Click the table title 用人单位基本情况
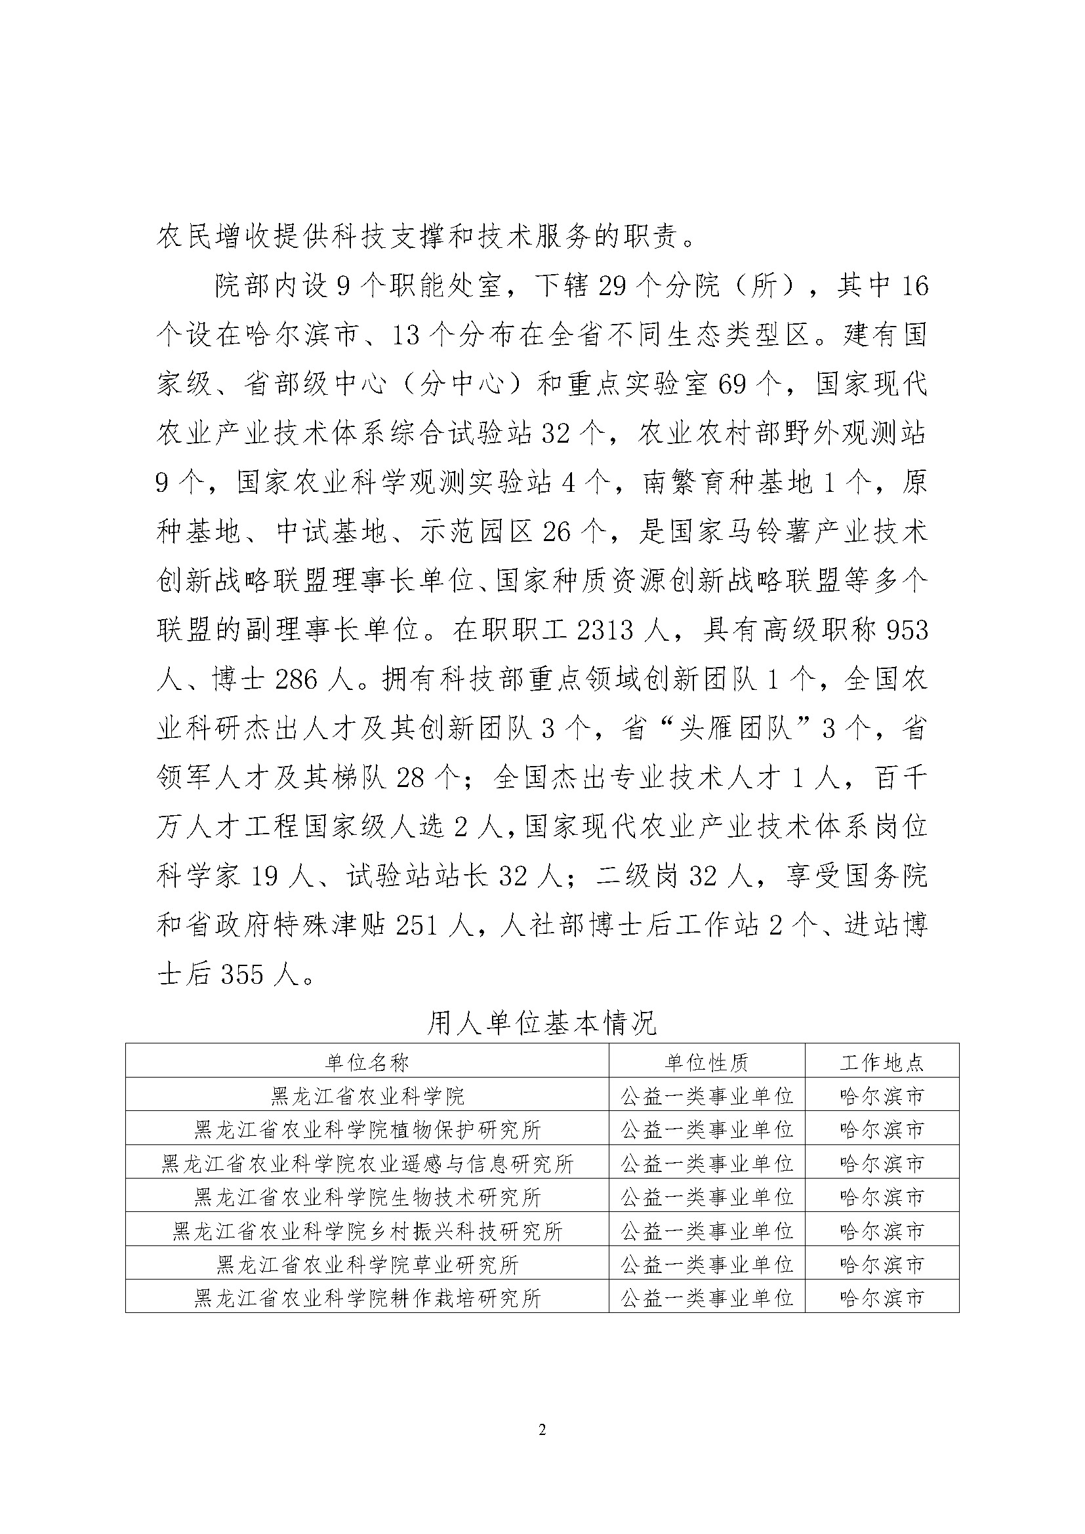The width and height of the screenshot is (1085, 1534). (x=542, y=1023)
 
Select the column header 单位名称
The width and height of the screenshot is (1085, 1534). (x=367, y=1062)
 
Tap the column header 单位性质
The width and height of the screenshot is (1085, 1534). (x=707, y=1062)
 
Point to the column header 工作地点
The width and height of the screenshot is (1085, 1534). (x=882, y=1062)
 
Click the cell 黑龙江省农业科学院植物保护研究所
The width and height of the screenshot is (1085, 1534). (x=367, y=1130)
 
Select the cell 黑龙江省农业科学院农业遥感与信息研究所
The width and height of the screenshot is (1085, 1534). (x=367, y=1164)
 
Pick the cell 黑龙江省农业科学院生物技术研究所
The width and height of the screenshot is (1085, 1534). (x=367, y=1198)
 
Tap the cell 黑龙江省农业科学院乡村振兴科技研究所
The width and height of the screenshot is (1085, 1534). (x=367, y=1230)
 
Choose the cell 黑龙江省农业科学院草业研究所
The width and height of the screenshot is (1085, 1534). (x=367, y=1264)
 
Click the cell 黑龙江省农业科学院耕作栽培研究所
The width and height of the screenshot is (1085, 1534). (x=367, y=1298)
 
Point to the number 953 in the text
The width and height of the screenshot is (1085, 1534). (x=907, y=630)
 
